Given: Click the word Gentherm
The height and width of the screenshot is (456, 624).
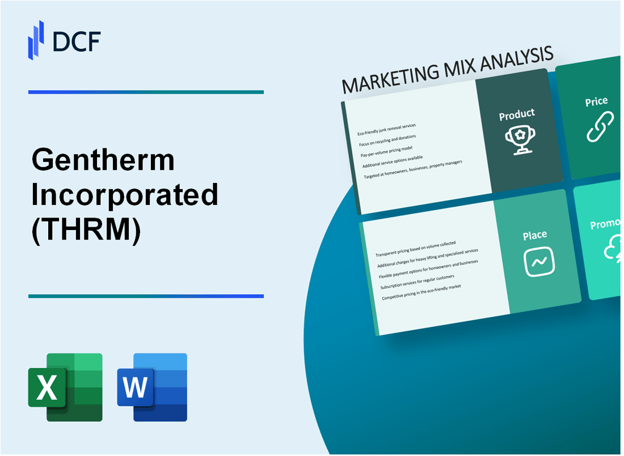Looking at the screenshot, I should [103, 161].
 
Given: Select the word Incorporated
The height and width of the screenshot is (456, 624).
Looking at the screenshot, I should [125, 195].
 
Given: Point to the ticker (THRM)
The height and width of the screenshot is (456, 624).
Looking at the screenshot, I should [86, 230].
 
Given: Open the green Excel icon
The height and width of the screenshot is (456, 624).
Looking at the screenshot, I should [65, 387].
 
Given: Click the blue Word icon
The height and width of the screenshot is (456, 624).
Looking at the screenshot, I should [152, 387].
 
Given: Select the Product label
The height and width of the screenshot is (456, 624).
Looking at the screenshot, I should [516, 114].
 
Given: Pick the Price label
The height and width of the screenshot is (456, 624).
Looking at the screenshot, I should [596, 102].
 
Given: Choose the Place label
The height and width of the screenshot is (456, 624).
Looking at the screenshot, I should [535, 235].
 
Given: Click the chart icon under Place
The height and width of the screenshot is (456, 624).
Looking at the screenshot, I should [539, 262].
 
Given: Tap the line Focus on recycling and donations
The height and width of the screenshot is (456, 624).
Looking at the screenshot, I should [387, 139].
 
